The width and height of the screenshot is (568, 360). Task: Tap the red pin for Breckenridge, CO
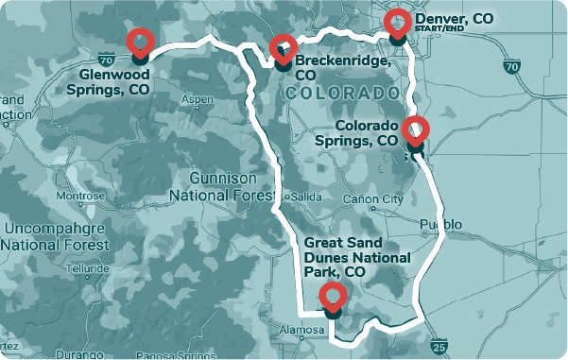pyautogui.click(x=283, y=47)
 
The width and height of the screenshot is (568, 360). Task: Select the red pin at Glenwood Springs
pyautogui.click(x=141, y=42)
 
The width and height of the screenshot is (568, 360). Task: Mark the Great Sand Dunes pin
pyautogui.click(x=332, y=296)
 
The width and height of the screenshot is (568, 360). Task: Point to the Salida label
pyautogui.click(x=306, y=197)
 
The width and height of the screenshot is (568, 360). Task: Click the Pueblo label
pyautogui.click(x=440, y=224)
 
